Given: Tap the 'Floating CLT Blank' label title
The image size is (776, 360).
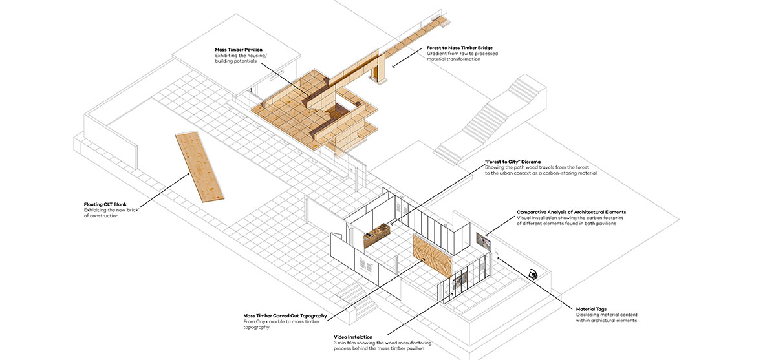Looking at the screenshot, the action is coord(105,204).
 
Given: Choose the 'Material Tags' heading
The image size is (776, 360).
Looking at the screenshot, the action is coord(591,309).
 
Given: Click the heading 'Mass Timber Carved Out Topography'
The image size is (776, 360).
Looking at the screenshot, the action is coord(285,316).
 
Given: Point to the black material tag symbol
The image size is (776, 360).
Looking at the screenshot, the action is coord(533,275).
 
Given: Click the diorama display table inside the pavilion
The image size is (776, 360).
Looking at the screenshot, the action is coord(378,237).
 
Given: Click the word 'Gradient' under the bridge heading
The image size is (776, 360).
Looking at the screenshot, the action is coord(437,54).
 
